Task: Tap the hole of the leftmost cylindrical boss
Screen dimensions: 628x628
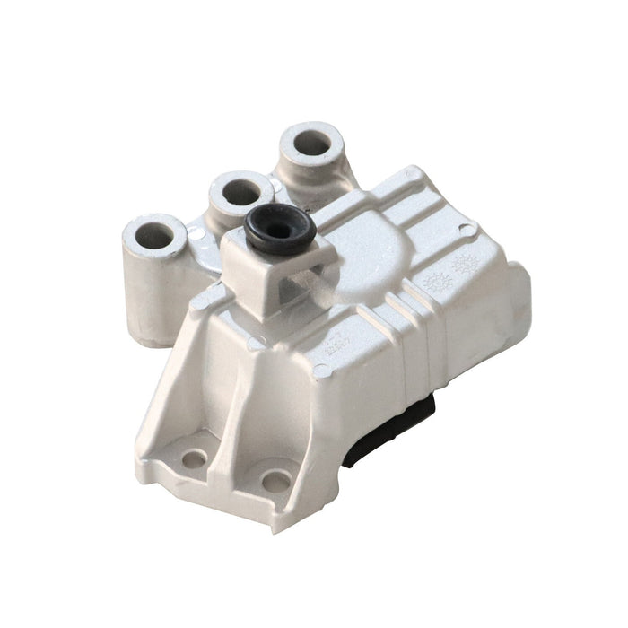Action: tap(155, 236)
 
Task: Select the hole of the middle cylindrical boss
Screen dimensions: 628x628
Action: tap(240, 192)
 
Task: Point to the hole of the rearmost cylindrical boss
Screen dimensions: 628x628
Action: tap(311, 143)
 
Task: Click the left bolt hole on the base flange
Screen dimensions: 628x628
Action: tap(193, 459)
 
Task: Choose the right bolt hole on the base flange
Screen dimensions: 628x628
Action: tap(275, 482)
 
